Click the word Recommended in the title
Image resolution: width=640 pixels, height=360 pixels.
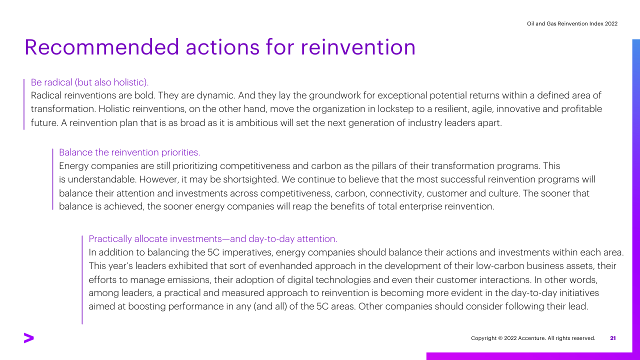coord(101,47)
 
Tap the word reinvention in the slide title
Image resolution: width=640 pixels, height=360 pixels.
coord(358,47)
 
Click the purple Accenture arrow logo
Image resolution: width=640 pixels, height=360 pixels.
coord(29,338)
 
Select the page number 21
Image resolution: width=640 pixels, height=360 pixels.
coord(613,338)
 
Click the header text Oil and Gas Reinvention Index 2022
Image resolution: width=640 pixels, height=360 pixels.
coord(572,23)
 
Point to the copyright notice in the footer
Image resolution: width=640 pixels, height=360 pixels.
coord(533,338)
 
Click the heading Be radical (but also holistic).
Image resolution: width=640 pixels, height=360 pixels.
coord(89,82)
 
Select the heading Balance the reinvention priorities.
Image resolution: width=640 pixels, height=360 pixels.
coord(129,152)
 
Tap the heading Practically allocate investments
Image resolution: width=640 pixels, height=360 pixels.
coord(213,239)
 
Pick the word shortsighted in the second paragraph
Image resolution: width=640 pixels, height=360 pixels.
coord(250,179)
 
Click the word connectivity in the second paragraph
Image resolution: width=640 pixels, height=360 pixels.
coord(397,193)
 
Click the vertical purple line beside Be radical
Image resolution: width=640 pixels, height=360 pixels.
coord(24,104)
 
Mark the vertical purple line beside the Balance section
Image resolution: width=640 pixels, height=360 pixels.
coord(53,179)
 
